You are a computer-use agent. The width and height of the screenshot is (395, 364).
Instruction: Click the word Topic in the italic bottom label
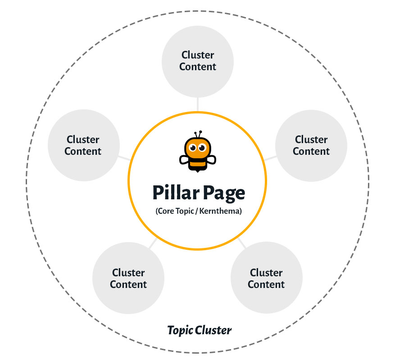tap(180, 331)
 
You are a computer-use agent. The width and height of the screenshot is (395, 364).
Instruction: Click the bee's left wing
tap(184, 159)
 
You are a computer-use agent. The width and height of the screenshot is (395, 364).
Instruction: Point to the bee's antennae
tap(198, 134)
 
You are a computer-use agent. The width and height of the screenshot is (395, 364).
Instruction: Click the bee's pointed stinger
tap(197, 171)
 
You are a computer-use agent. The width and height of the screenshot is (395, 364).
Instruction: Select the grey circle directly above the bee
tap(198, 61)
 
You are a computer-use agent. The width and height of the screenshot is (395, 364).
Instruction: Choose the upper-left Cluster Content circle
tap(83, 145)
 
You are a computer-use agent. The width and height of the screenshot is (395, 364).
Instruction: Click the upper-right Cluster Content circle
tap(311, 145)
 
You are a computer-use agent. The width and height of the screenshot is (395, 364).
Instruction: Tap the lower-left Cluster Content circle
tap(128, 279)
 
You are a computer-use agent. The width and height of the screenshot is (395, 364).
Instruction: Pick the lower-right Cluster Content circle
tap(266, 279)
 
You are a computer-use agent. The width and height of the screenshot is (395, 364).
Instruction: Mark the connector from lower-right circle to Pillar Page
tap(241, 243)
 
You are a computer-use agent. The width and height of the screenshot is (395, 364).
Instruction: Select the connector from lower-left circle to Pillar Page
tap(153, 243)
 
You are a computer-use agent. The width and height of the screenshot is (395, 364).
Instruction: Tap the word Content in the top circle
tap(198, 67)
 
